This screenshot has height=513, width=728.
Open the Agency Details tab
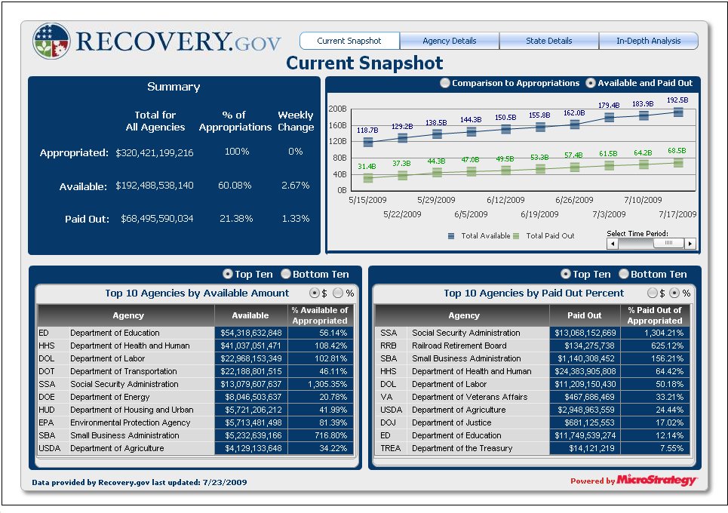pyautogui.click(x=449, y=41)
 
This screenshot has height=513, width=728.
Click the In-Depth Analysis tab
pyautogui.click(x=648, y=41)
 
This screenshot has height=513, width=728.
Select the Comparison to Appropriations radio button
pyautogui.click(x=445, y=83)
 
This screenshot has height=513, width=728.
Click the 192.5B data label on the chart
pyautogui.click(x=677, y=100)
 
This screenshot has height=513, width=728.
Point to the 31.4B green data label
pyautogui.click(x=367, y=166)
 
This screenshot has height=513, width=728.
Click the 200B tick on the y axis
pyautogui.click(x=337, y=109)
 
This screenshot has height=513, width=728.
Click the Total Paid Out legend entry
pyautogui.click(x=549, y=236)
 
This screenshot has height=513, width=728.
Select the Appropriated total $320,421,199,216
pyautogui.click(x=155, y=152)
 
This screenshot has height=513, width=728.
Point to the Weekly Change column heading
pyautogui.click(x=295, y=121)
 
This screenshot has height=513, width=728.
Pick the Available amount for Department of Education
pyautogui.click(x=251, y=333)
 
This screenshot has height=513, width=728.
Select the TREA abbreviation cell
pyautogui.click(x=391, y=448)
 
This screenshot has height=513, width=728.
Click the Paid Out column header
pyautogui.click(x=585, y=315)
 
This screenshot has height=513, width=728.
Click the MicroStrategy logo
pyautogui.click(x=656, y=481)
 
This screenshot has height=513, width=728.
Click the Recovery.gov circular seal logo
pyautogui.click(x=52, y=41)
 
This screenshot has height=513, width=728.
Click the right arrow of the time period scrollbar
pyautogui.click(x=690, y=244)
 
